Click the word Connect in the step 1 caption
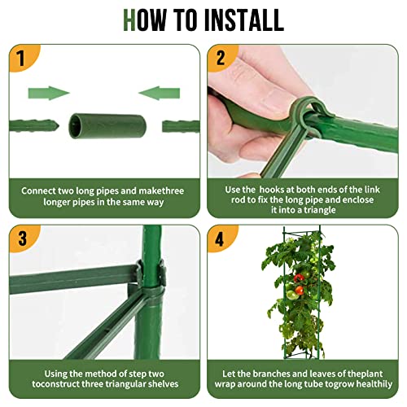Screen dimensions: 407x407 coord(41,190)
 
